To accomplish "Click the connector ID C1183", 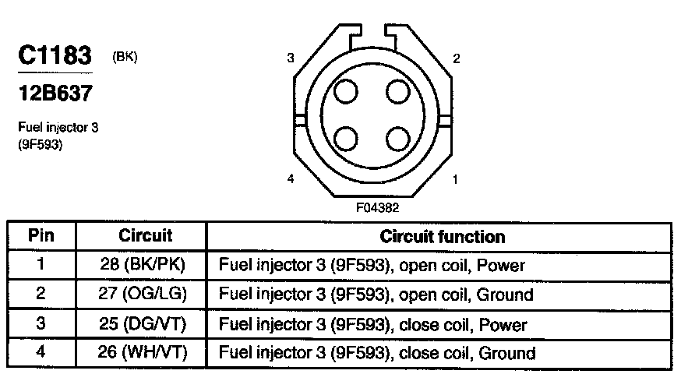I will (x=55, y=57).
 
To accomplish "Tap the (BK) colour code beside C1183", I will (x=125, y=56).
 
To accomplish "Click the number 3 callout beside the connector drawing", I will (x=291, y=58).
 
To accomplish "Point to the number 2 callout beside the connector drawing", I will (x=456, y=58).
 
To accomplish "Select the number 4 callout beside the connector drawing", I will (x=291, y=179).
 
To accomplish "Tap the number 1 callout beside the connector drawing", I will (x=456, y=179).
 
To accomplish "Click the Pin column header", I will (x=41, y=235).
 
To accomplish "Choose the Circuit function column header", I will (x=442, y=235).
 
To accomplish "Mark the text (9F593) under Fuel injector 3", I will (x=40, y=143).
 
